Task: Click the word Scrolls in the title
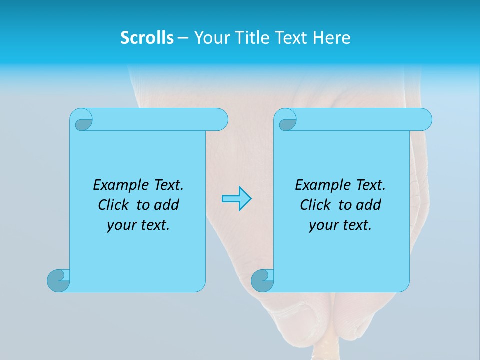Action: (x=147, y=38)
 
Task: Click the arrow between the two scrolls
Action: (x=236, y=199)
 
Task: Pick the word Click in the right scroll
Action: (x=315, y=205)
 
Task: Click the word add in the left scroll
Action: (x=167, y=205)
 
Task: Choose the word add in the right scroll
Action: (x=369, y=205)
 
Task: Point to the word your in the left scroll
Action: (x=120, y=226)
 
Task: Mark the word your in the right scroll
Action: (x=322, y=226)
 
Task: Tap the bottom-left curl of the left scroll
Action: (x=57, y=280)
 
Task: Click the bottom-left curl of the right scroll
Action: (x=261, y=280)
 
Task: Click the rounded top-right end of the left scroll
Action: (x=220, y=119)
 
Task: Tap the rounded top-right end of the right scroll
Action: (x=425, y=119)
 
